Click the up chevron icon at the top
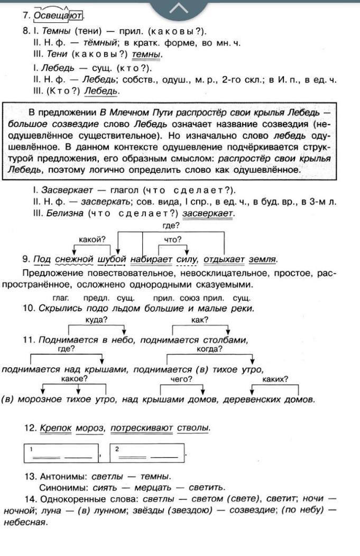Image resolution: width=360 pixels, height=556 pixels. click(179, 7)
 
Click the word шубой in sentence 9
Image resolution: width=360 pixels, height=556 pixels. click(112, 259)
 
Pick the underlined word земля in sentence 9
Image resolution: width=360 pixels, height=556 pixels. click(263, 259)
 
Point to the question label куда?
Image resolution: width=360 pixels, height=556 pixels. click(97, 320)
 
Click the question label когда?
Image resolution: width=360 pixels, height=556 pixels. click(209, 349)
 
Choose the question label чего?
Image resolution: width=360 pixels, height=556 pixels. click(181, 379)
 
